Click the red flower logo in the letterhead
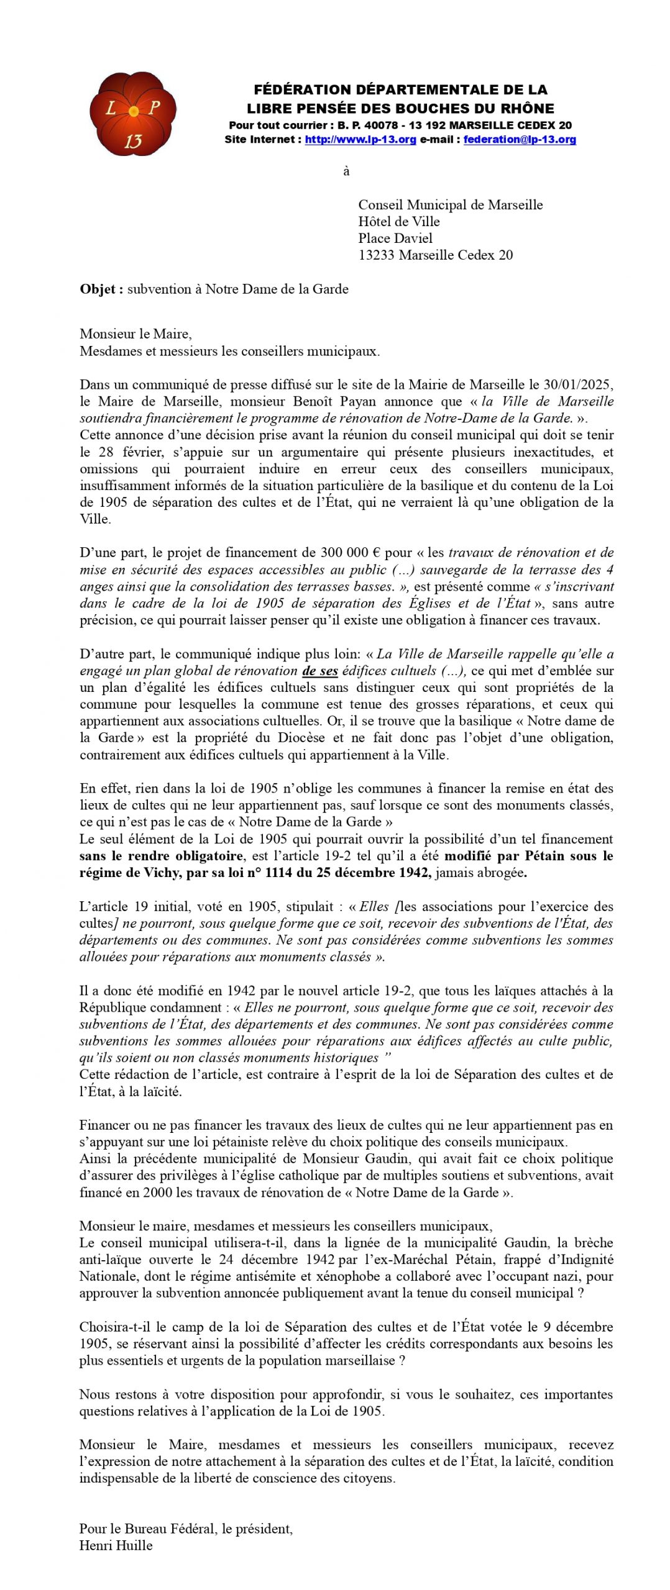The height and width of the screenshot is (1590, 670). [133, 114]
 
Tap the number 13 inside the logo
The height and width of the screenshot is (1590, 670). [133, 142]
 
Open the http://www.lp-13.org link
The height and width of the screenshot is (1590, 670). [360, 140]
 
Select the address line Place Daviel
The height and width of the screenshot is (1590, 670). [395, 238]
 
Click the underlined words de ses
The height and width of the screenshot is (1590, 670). [320, 671]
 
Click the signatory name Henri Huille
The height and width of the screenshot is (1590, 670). [116, 1545]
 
